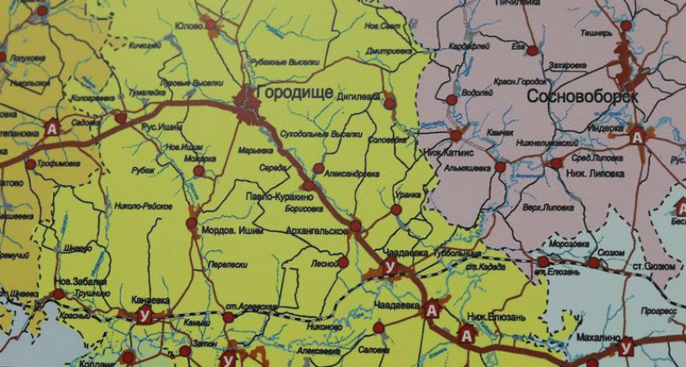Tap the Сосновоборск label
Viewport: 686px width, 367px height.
pyautogui.click(x=581, y=96)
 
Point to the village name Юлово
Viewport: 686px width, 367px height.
pyautogui.click(x=189, y=26)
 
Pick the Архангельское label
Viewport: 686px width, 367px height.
pyautogui.click(x=317, y=232)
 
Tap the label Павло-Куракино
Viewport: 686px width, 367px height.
pyautogui.click(x=278, y=197)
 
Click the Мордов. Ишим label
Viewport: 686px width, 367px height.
pyautogui.click(x=229, y=230)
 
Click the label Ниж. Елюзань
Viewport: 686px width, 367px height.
pyautogui.click(x=497, y=317)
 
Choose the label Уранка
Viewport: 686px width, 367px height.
pyautogui.click(x=408, y=196)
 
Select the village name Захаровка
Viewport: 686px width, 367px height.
pyautogui.click(x=568, y=65)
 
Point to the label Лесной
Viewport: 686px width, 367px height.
pyautogui.click(x=324, y=263)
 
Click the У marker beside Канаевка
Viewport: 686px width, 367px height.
pyautogui.click(x=144, y=316)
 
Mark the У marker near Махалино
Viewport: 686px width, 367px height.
pyautogui.click(x=626, y=348)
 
